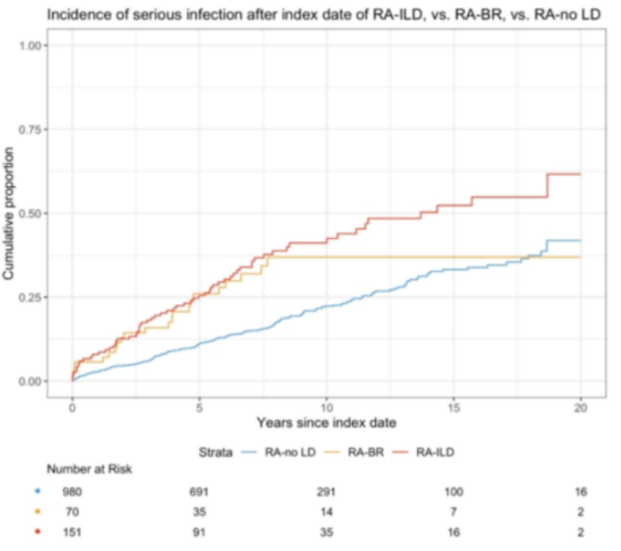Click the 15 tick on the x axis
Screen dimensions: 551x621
tap(454, 406)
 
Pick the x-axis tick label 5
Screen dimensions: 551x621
tap(199, 406)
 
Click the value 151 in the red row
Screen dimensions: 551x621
tap(71, 531)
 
